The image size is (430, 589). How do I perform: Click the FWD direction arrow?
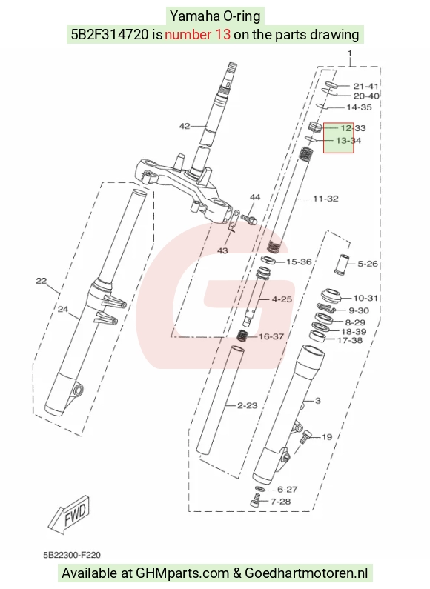(x=70, y=514)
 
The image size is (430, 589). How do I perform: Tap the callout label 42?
(x=185, y=126)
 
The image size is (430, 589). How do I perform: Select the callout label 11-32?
(x=325, y=199)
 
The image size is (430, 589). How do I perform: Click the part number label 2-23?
(x=248, y=405)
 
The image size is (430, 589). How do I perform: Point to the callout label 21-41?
(x=366, y=86)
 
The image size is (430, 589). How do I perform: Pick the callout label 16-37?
(x=271, y=336)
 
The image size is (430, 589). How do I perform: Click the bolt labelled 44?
(x=248, y=219)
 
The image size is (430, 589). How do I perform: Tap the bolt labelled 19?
(x=305, y=437)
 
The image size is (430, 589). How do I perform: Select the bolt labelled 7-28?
(x=255, y=500)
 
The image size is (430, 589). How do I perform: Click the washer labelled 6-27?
(x=259, y=489)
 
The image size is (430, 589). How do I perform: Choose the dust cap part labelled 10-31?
(x=331, y=296)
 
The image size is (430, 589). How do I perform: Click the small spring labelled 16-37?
(x=242, y=335)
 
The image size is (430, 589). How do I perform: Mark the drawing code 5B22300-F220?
(x=72, y=555)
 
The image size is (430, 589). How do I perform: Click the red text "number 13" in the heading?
(x=197, y=34)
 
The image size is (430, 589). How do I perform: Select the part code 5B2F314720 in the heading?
(x=110, y=34)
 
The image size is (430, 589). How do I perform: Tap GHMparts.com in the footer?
(x=182, y=573)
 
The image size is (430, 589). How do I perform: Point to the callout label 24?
(x=63, y=309)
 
